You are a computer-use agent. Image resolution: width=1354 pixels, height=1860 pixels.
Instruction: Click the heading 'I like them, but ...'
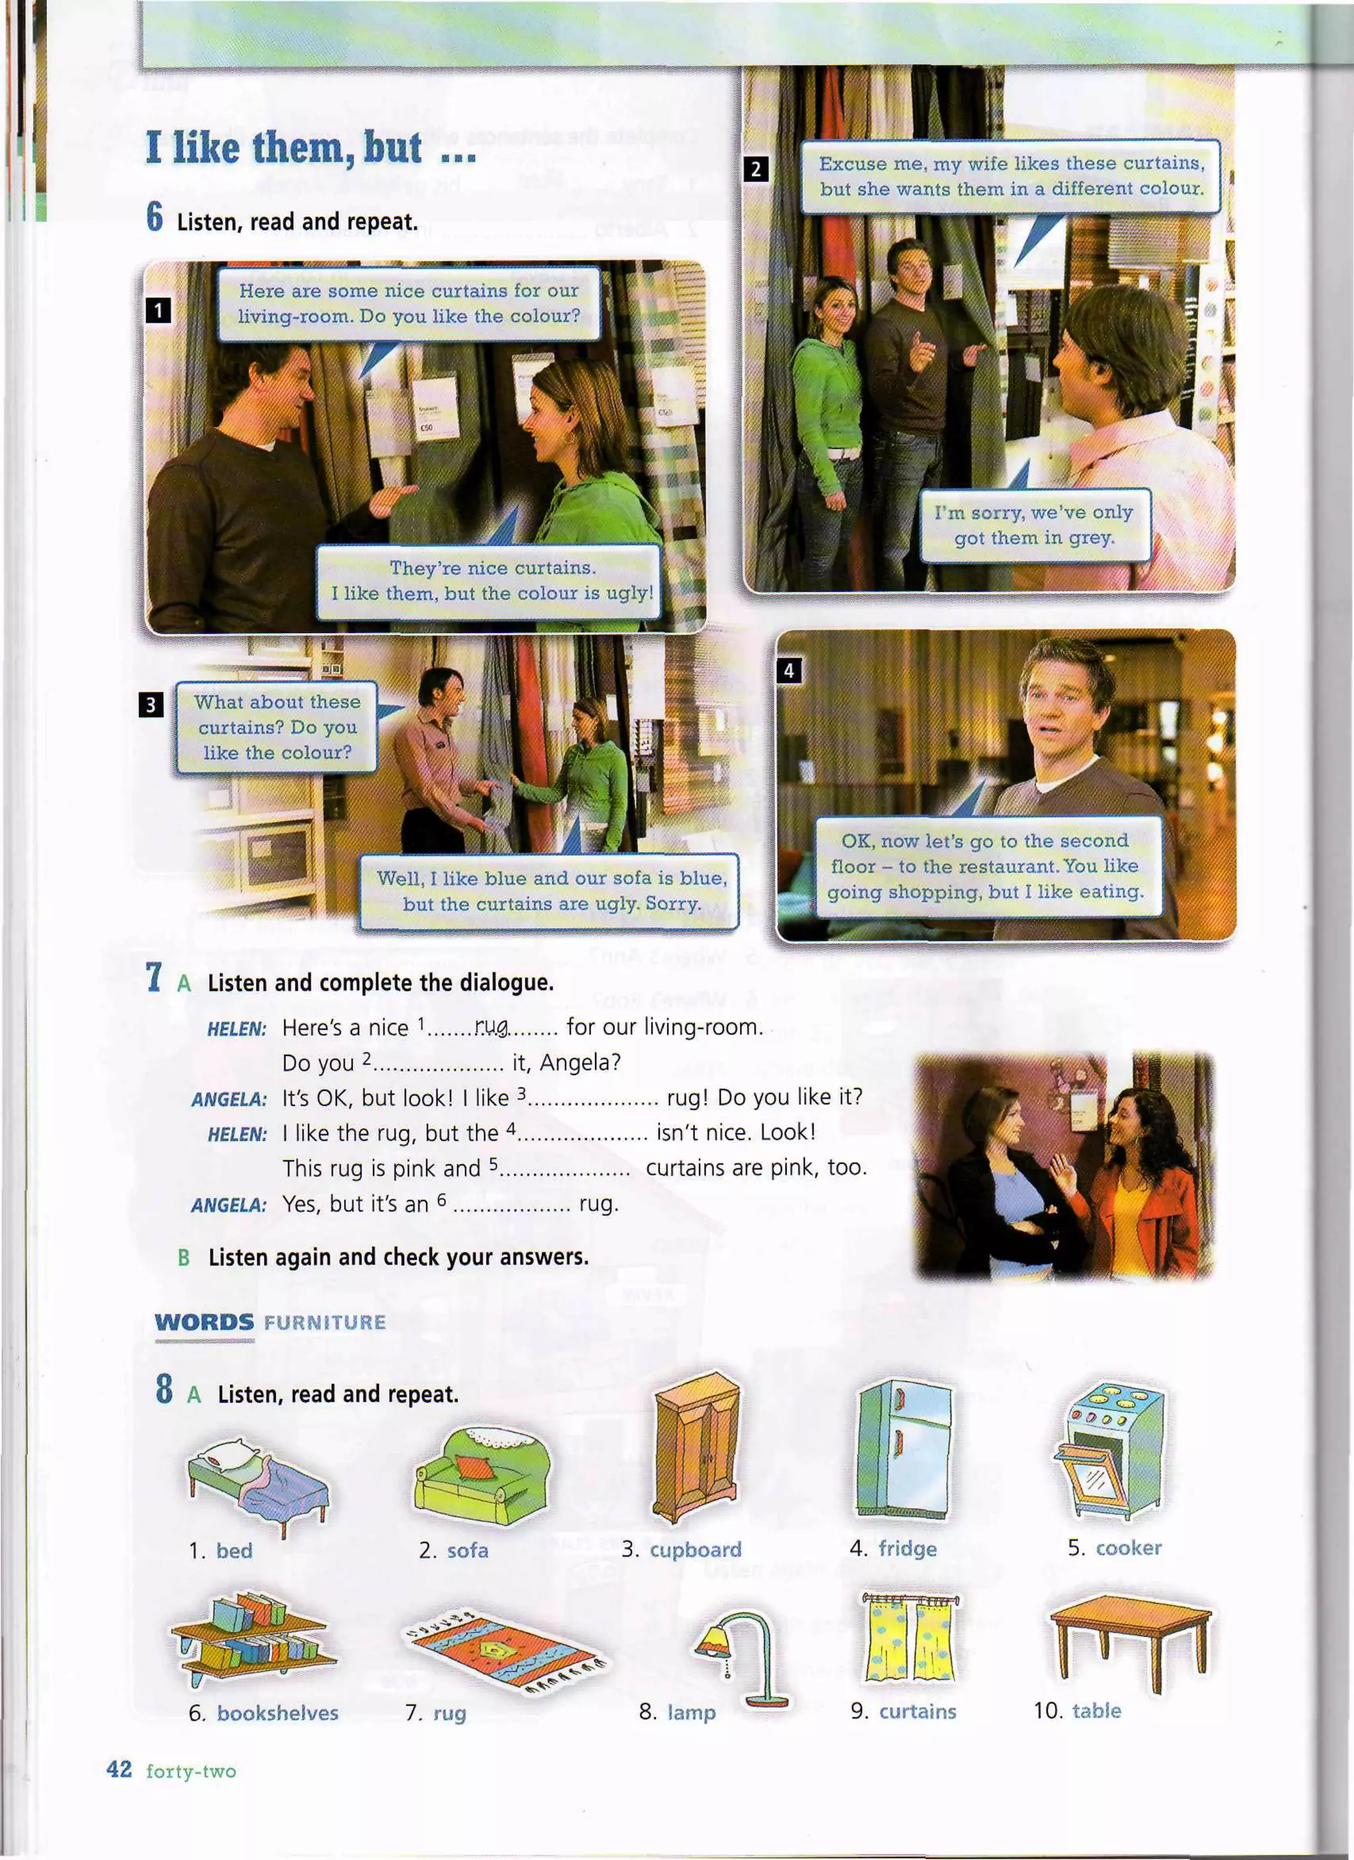click(x=310, y=148)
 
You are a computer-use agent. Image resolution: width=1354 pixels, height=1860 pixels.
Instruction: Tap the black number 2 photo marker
click(x=755, y=169)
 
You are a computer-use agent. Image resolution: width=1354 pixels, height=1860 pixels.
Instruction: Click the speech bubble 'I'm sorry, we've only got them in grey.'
click(x=1034, y=525)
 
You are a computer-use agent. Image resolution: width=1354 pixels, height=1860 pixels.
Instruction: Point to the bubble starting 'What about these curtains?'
click(x=276, y=727)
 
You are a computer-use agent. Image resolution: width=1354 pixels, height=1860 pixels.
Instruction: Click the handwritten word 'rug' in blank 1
click(x=491, y=1025)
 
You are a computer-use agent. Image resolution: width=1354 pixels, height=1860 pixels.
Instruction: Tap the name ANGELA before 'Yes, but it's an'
click(x=229, y=1205)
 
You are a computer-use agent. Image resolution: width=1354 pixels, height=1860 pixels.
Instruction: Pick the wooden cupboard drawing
click(x=697, y=1448)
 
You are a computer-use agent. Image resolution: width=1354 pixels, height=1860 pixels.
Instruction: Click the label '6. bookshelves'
click(x=262, y=1713)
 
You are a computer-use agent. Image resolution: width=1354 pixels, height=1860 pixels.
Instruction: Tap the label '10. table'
click(x=1077, y=1710)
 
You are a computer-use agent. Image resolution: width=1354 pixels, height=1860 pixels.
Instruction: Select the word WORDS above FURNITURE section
click(x=204, y=1322)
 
